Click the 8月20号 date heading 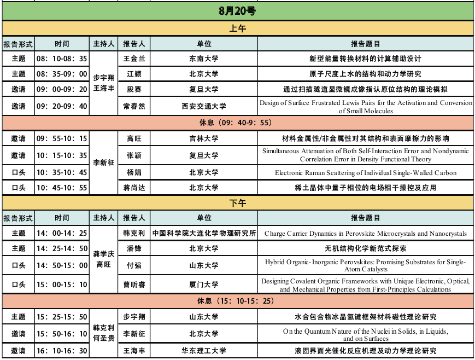tap(237, 10)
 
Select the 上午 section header tap(237, 28)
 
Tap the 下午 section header tap(237, 203)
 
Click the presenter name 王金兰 tap(134, 59)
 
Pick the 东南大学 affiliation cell tap(204, 59)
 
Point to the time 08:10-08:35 tap(62, 59)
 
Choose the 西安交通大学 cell tap(204, 106)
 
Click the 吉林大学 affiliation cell tap(204, 139)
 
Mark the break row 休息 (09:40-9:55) tap(237, 123)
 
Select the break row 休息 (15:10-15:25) tap(237, 301)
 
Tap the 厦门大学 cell tap(204, 284)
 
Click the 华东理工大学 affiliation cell tap(204, 351)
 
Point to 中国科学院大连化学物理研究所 tap(204, 234)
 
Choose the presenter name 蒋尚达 tap(134, 188)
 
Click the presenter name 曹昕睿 tap(134, 284)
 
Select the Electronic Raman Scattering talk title tap(366, 173)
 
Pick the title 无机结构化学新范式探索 tap(366, 248)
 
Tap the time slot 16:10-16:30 tap(62, 351)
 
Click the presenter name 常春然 tap(134, 106)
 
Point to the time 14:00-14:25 tap(62, 234)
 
